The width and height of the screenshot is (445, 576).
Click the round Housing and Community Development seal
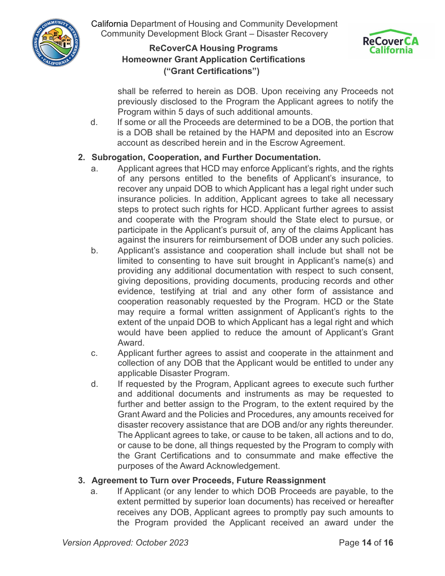[x=56, y=43]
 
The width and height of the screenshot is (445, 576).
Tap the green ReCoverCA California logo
[x=391, y=42]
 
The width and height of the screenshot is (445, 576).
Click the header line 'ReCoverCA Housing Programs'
[x=213, y=48]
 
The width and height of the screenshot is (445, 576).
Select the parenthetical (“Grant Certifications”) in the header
[x=211, y=71]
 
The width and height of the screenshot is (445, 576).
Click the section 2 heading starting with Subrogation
[x=206, y=157]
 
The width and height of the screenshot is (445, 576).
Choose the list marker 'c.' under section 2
[x=95, y=353]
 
